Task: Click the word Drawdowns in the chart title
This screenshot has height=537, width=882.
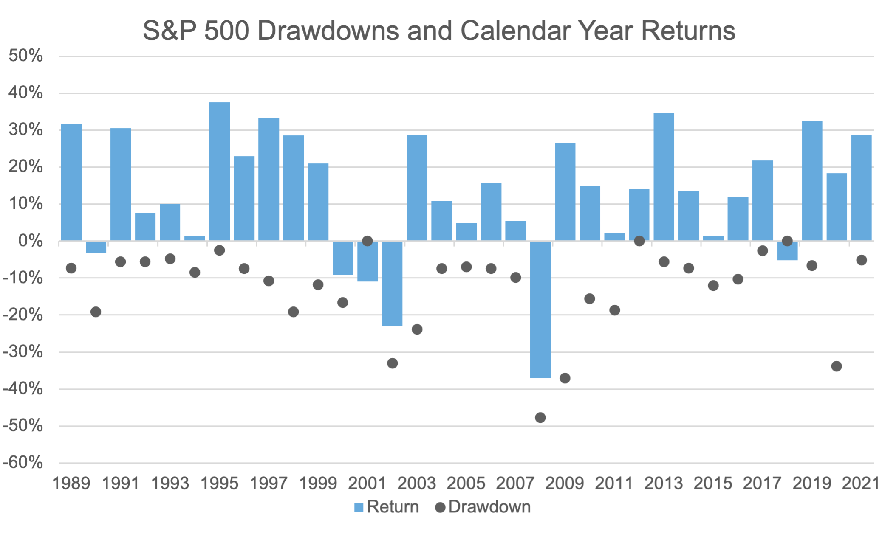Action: tap(328, 31)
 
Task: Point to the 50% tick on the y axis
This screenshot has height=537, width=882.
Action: tap(25, 56)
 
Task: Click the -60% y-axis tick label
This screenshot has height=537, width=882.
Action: tap(23, 462)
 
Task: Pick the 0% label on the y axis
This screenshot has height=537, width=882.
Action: tap(31, 241)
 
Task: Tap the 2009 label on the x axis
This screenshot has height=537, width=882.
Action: tap(565, 483)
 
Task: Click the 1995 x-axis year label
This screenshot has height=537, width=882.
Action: tap(219, 483)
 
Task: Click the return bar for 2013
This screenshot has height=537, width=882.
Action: tap(664, 177)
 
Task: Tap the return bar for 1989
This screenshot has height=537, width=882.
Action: tap(71, 182)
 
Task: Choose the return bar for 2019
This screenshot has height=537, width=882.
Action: tap(812, 180)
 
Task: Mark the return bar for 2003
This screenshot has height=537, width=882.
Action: tap(417, 188)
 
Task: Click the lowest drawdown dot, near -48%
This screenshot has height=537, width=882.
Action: tap(540, 418)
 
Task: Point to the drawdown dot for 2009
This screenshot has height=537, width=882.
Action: tap(565, 378)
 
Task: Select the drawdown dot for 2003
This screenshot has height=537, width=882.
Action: tap(417, 329)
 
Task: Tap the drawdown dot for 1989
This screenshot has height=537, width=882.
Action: tap(71, 268)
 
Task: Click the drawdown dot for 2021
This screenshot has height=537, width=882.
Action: tap(861, 260)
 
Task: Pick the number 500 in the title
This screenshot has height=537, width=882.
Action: tap(226, 31)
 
